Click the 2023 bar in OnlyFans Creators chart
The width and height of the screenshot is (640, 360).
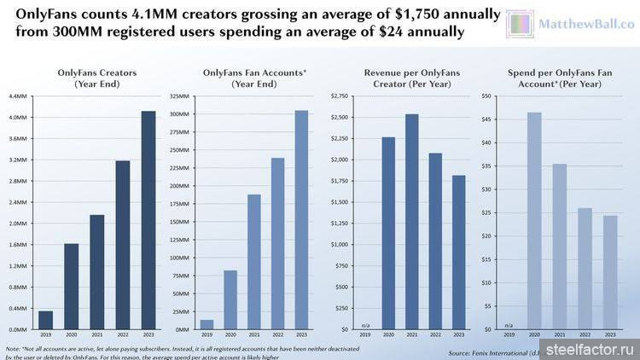point(148,220)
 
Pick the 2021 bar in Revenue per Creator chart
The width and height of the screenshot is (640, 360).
point(412,222)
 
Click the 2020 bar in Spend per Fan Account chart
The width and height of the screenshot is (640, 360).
point(533,221)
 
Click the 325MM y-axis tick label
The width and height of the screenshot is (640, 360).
point(179,96)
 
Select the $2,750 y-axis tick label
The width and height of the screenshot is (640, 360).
point(339,96)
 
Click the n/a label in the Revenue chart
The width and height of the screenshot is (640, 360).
point(364,325)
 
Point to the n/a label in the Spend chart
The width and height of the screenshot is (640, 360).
point(509,325)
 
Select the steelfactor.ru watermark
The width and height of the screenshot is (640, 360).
point(590,348)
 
